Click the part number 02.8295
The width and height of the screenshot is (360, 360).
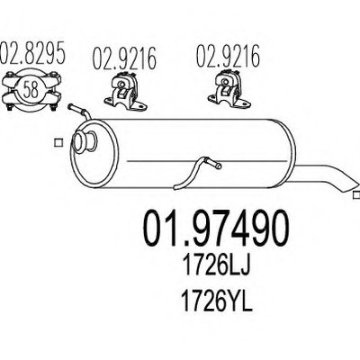pos(32,53)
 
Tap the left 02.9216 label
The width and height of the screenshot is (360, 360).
pos(124,58)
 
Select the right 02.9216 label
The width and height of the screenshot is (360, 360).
pos(228,56)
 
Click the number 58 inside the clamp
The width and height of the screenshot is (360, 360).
pos(31,90)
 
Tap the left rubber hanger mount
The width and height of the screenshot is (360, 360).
pos(125,90)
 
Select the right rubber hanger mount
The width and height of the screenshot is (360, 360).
pos(229,87)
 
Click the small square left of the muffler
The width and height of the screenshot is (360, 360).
pos(58,143)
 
